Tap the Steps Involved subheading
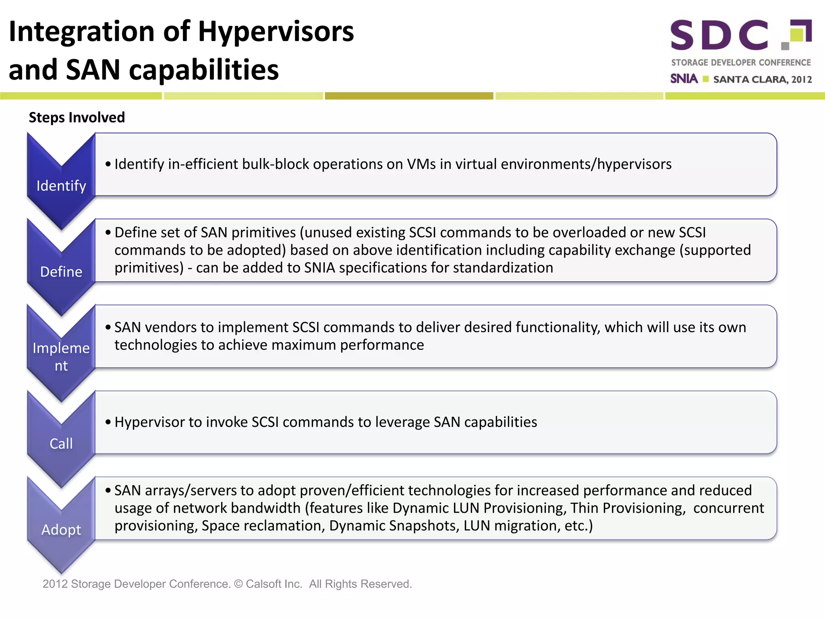click(x=77, y=117)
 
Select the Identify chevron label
click(x=61, y=186)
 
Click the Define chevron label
click(x=61, y=272)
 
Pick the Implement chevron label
click(x=61, y=357)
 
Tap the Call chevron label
click(x=61, y=443)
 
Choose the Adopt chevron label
click(x=61, y=530)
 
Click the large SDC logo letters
click(x=719, y=35)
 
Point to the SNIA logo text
click(x=684, y=79)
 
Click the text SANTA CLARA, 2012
click(x=762, y=79)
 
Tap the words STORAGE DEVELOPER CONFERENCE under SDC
click(x=741, y=62)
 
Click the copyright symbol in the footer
click(x=238, y=584)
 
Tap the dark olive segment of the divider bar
click(x=409, y=96)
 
